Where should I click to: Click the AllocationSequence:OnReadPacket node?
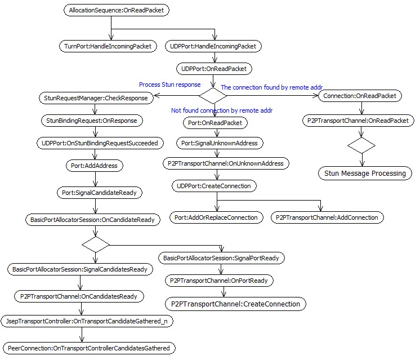coord(116,10)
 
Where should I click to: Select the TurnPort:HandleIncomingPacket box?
coord(108,46)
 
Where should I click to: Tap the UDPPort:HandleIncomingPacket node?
coord(213,46)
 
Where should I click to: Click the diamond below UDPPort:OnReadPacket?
coord(213,96)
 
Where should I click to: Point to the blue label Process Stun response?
coord(170,85)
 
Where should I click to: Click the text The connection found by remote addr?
coord(271,87)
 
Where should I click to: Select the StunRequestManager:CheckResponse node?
coord(96,98)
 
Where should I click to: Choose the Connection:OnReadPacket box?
coord(360,96)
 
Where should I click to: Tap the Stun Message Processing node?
coord(365,173)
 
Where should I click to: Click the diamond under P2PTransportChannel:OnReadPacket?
coord(361,145)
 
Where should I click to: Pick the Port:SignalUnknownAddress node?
coord(220,143)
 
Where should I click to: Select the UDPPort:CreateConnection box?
coord(214,186)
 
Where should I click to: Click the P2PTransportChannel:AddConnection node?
coord(327,217)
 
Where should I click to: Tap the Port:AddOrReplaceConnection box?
coord(216,217)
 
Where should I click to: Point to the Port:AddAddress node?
coord(94,166)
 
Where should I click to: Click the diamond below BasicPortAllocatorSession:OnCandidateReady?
coord(96,245)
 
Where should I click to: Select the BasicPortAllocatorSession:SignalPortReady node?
coord(221,258)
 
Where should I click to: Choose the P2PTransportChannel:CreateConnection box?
coord(235,304)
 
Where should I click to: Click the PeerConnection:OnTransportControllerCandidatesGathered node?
coord(89,348)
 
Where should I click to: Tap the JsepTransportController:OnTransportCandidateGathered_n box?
coord(87,321)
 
